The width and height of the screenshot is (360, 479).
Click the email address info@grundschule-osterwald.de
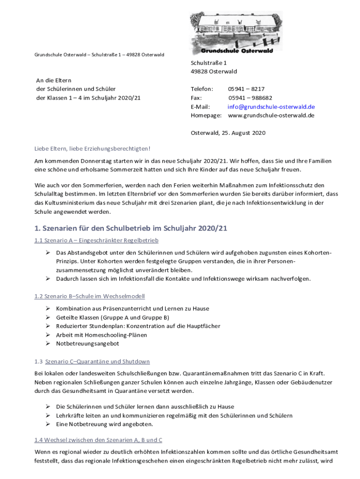click(x=271, y=107)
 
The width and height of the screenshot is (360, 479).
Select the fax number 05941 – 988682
click(x=250, y=98)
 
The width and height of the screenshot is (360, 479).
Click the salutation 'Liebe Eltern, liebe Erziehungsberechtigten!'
click(x=93, y=149)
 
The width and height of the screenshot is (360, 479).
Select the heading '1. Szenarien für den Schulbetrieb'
click(x=131, y=228)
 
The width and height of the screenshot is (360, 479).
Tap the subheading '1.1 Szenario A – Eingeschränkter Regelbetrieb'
click(x=96, y=240)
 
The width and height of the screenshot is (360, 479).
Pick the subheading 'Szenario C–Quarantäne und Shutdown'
click(x=97, y=362)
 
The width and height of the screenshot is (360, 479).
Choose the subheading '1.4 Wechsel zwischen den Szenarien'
click(x=98, y=440)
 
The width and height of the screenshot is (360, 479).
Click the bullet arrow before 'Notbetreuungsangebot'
click(x=48, y=343)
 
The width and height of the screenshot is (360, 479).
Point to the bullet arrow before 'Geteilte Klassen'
click(x=48, y=317)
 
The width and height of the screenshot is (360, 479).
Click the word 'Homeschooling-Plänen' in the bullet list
click(x=115, y=335)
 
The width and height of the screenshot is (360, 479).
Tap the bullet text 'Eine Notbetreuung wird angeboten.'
click(x=104, y=424)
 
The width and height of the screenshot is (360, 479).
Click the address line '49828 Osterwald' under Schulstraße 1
click(x=214, y=72)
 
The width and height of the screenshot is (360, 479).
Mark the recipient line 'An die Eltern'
click(x=54, y=80)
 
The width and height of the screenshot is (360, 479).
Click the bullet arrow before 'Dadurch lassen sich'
click(x=48, y=279)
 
